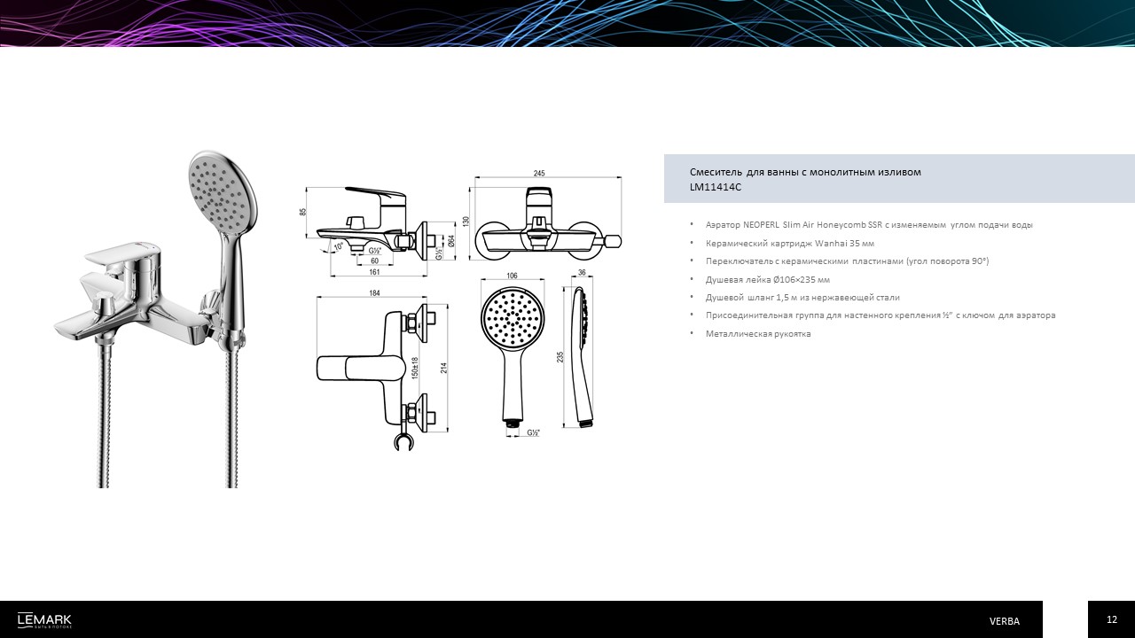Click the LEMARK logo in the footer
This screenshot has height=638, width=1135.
click(x=44, y=620)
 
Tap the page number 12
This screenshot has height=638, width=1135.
click(x=1112, y=619)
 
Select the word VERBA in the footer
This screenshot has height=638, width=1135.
click(x=1005, y=621)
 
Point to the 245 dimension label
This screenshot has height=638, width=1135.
click(x=539, y=173)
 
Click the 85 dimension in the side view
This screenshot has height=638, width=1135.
click(x=303, y=212)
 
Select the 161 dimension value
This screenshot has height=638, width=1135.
click(x=374, y=272)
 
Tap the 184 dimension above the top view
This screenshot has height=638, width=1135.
click(x=374, y=292)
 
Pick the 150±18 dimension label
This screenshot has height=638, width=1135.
click(x=415, y=368)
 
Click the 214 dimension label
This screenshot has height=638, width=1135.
click(x=444, y=368)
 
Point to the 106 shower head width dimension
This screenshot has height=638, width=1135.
click(x=512, y=276)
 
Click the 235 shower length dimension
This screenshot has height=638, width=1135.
click(x=560, y=357)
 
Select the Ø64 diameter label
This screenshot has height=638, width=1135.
click(x=451, y=240)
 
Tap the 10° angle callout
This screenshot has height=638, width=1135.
click(x=338, y=246)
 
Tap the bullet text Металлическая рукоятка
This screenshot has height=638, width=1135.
click(x=758, y=334)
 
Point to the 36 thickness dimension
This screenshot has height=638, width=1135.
click(x=582, y=272)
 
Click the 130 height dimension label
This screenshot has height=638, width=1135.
click(x=466, y=222)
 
